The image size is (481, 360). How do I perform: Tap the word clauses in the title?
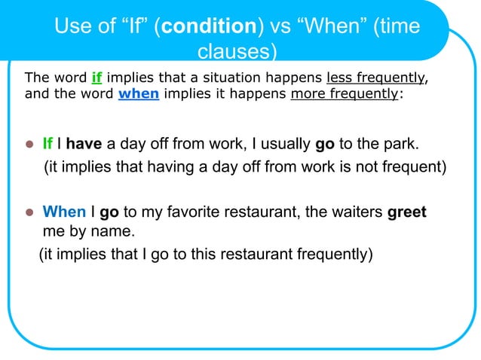point(236,53)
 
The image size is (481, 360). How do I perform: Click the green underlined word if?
point(97,78)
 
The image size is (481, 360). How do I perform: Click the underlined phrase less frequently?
point(375,78)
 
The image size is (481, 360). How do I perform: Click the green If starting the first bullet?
point(49,144)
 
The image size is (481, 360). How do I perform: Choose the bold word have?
point(84,144)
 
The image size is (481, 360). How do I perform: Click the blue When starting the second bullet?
point(64,212)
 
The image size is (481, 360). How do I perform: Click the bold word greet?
point(407,212)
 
